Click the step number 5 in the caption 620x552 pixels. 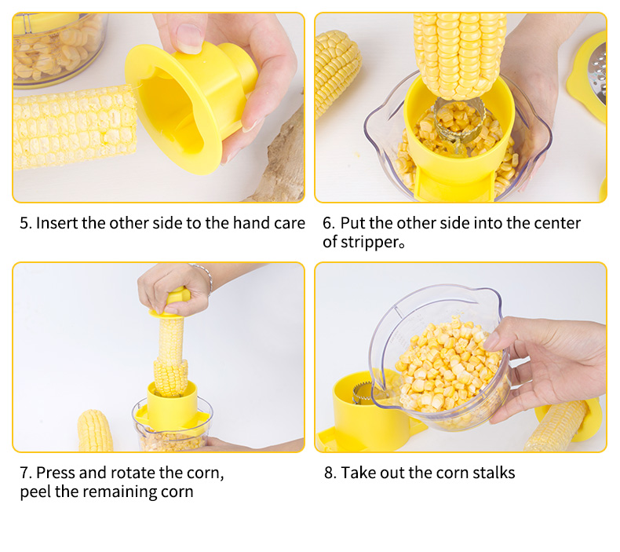tap(25, 223)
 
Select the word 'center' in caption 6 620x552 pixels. tap(557, 223)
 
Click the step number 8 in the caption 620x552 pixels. tap(330, 473)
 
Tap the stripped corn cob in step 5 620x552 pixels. tap(75, 128)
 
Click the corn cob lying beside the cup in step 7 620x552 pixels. tap(95, 431)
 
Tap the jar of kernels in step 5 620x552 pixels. tap(60, 49)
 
